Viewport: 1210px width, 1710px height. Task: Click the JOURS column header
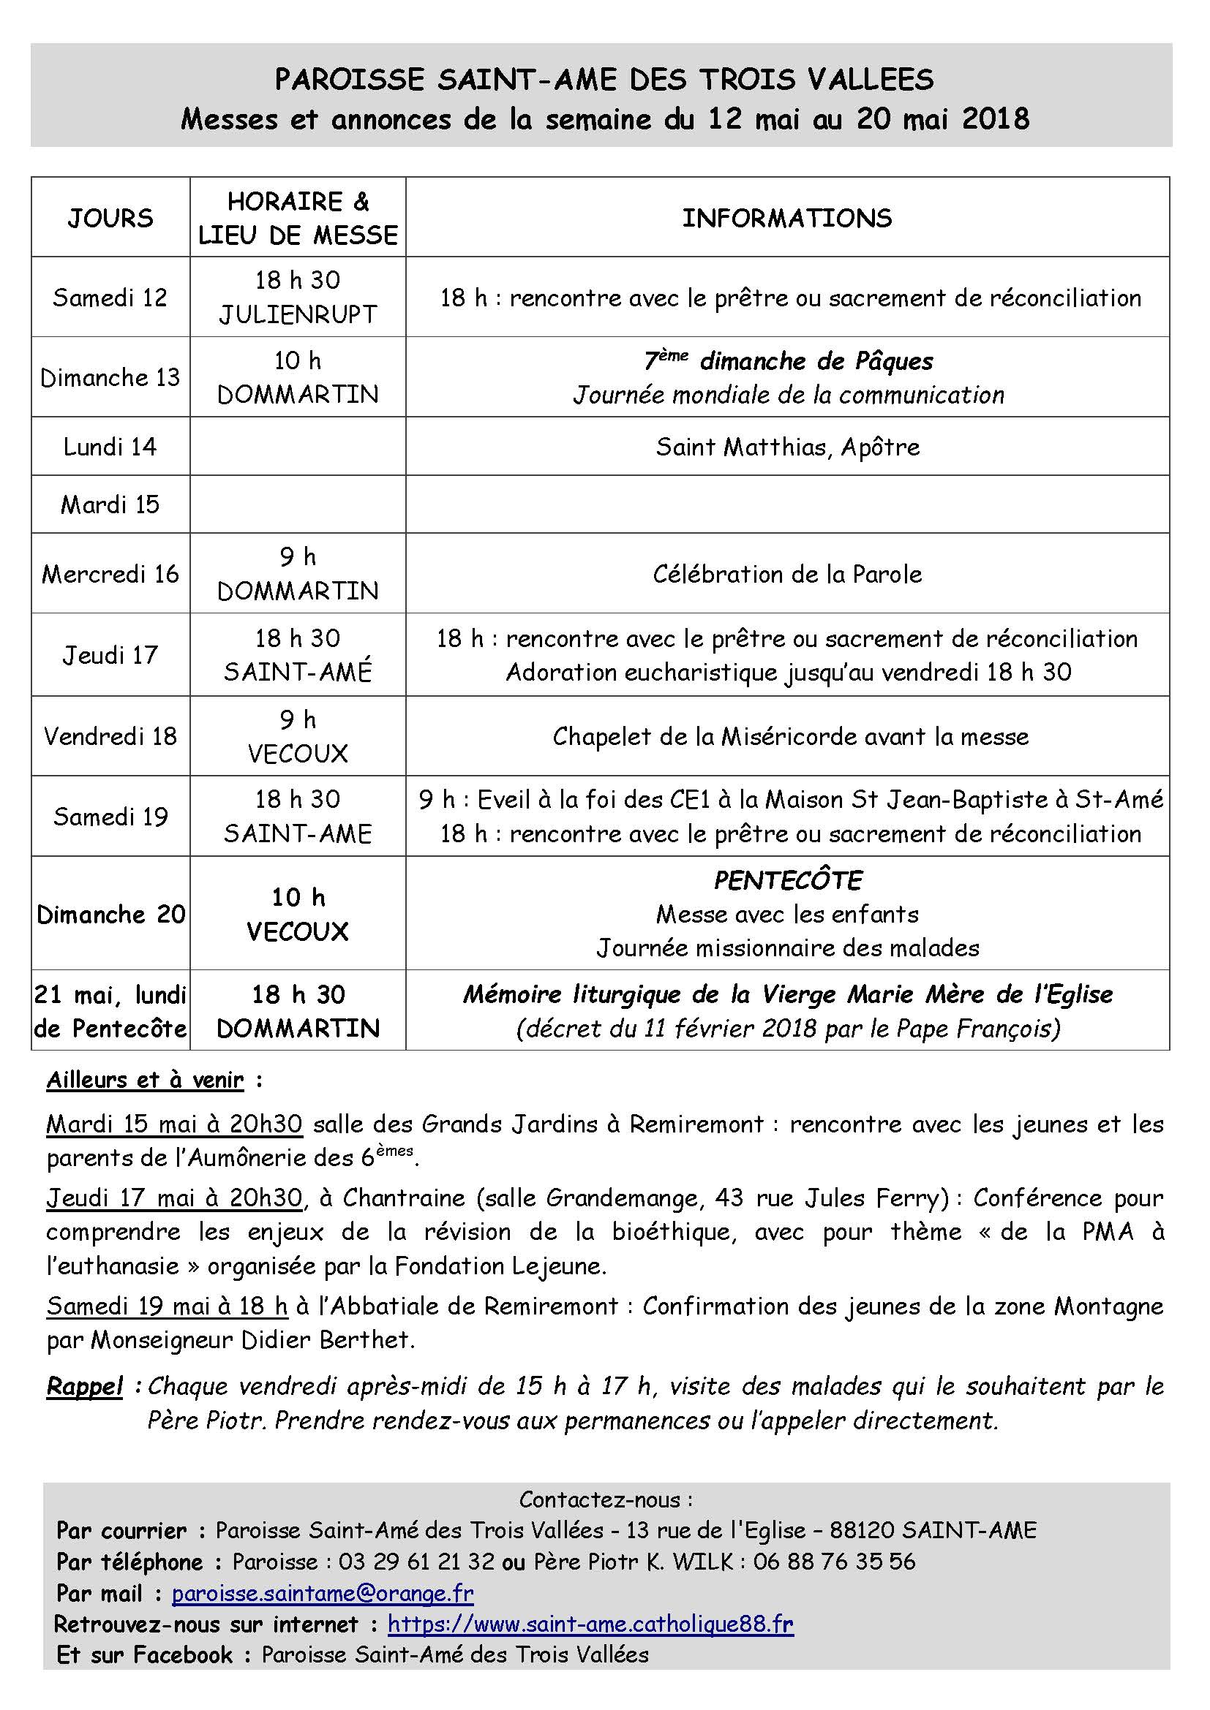(110, 218)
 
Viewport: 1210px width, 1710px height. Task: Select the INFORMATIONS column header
(787, 218)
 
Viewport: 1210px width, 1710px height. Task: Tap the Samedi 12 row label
(110, 297)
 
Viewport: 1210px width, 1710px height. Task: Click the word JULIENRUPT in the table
(298, 314)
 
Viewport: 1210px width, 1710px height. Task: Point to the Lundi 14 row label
(110, 446)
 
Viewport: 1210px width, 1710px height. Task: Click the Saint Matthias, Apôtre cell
(787, 447)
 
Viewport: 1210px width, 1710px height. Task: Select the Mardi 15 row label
(110, 504)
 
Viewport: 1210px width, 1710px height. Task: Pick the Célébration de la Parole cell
(787, 573)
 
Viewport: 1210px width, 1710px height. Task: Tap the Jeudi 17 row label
(110, 654)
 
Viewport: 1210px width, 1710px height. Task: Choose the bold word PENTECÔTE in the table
(788, 880)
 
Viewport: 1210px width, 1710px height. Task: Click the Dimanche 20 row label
(110, 914)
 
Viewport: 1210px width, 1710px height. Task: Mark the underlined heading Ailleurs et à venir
(146, 1080)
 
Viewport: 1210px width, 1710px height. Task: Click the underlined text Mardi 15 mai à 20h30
(174, 1124)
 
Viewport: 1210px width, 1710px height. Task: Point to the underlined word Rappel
(85, 1387)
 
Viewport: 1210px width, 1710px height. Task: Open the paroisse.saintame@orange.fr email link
(323, 1593)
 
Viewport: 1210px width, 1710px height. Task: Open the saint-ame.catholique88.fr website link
(591, 1624)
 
